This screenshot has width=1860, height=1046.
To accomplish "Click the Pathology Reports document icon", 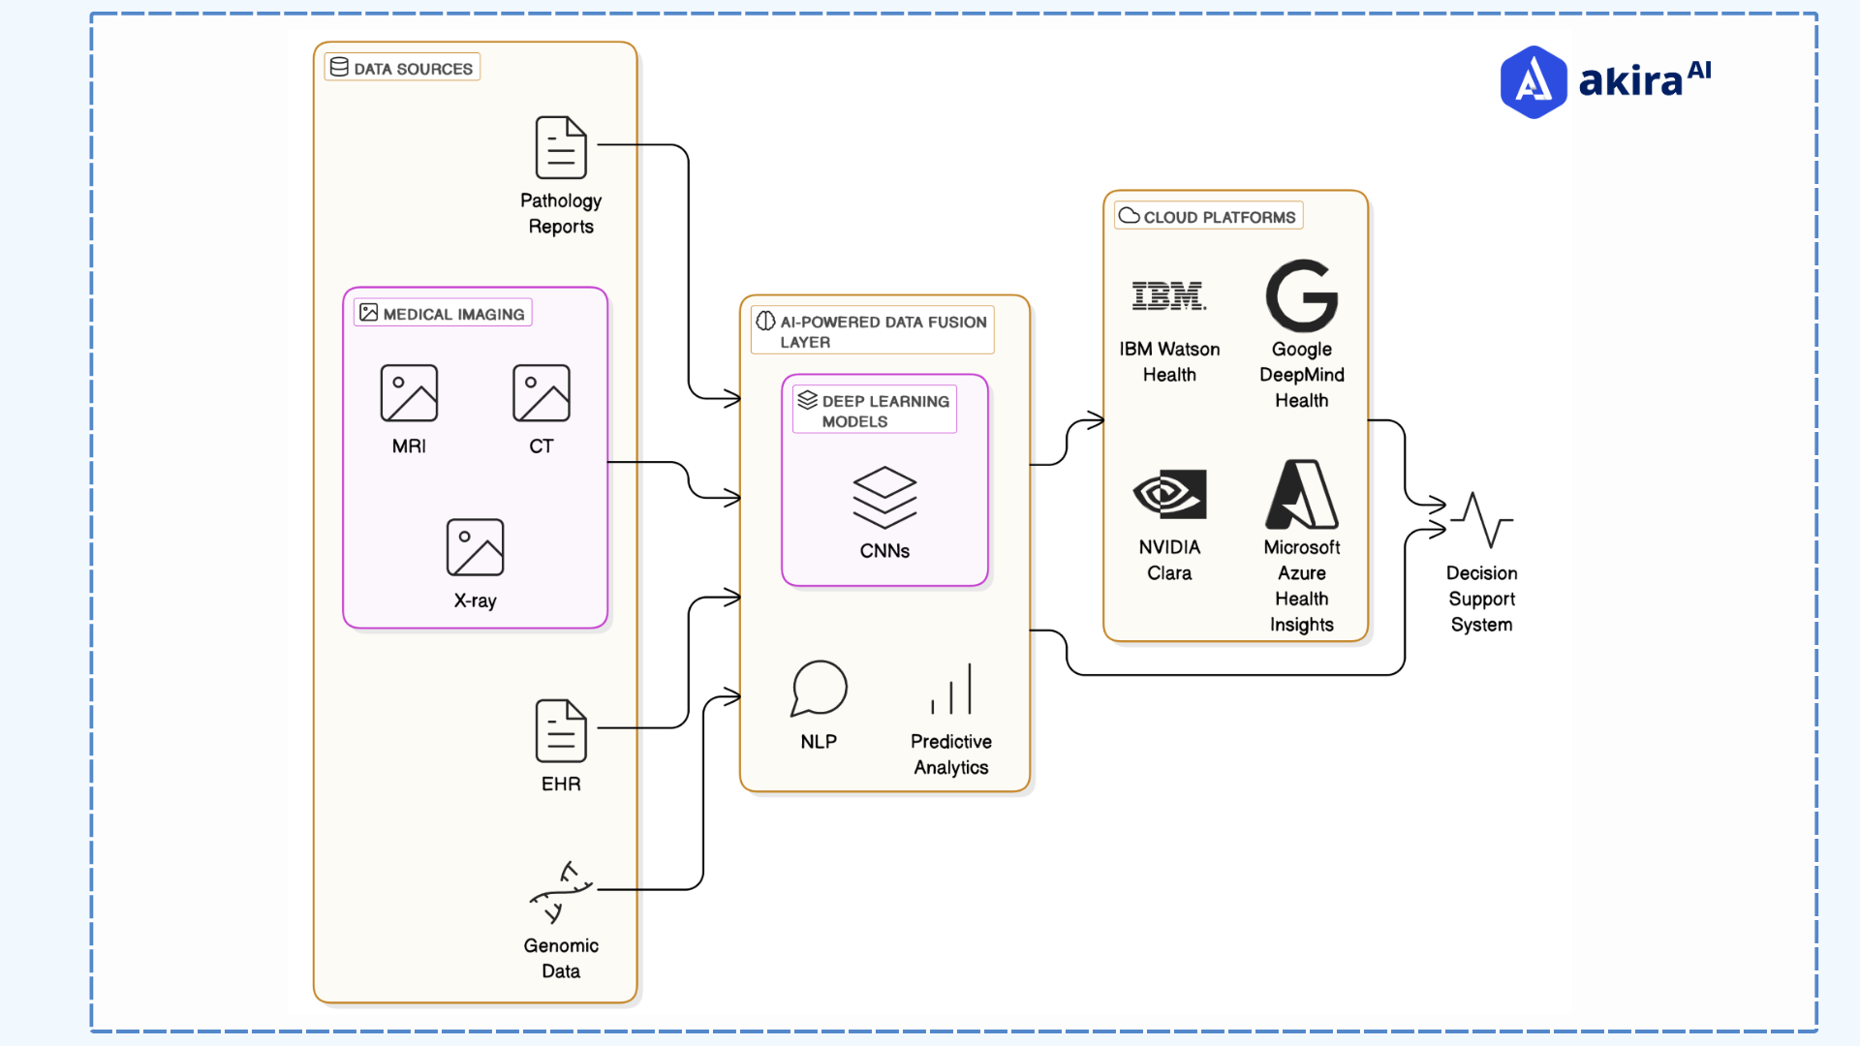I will coord(561,147).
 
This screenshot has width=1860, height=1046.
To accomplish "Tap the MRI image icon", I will coord(409,393).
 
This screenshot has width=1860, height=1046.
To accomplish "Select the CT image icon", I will coord(541,393).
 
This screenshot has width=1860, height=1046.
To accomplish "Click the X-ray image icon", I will coord(475,547).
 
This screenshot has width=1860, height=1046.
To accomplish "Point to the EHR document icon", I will coord(561,731).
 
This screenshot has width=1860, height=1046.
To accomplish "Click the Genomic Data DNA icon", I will coord(561,892).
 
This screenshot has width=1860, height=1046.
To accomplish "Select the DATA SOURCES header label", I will coord(402,68).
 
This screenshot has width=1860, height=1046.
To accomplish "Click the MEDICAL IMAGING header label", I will coord(443,313).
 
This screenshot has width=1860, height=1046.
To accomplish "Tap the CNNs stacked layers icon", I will coord(884,497).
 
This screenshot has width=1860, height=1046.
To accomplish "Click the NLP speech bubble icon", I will coord(819,689).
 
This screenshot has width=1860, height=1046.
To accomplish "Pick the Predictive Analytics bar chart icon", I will coord(951,689).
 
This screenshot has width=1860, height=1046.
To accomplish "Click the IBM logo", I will coord(1168,295).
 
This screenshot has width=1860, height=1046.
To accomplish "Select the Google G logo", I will coord(1301,295).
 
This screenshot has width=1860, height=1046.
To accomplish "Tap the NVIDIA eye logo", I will coord(1169,494).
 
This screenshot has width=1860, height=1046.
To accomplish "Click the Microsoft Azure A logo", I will coord(1301,494).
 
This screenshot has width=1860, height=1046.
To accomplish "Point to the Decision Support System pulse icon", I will coord(1481,519).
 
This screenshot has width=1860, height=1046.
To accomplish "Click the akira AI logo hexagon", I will coord(1533,82).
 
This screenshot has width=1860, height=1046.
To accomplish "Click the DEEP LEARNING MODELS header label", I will coord(875,411).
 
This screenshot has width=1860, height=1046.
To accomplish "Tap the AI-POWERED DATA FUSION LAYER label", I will coord(872,331).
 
